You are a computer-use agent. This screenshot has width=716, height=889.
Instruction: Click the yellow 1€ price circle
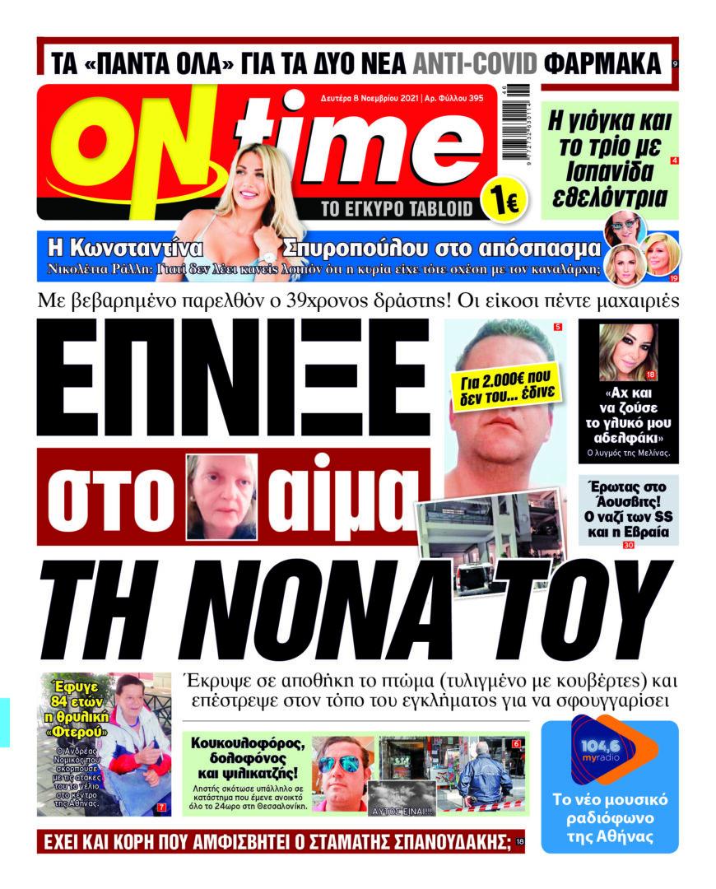pyautogui.click(x=499, y=202)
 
